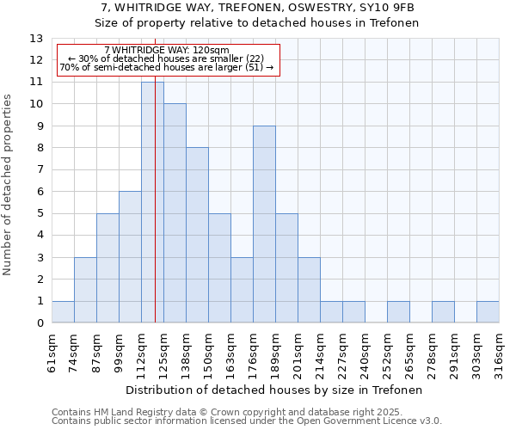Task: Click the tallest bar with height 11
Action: pos(152,202)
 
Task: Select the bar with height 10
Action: pos(175,213)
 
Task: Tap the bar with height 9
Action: pos(264,224)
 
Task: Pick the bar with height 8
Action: pos(197,235)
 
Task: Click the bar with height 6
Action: pos(130,257)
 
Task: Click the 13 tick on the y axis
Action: pos(36,39)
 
